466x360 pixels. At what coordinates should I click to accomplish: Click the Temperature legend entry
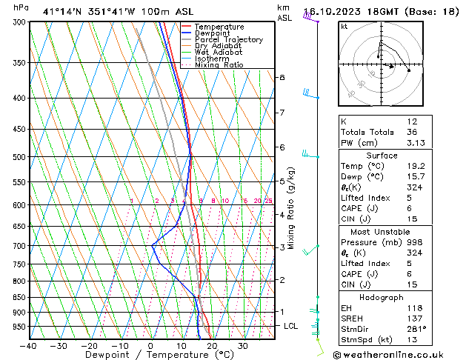coord(216,27)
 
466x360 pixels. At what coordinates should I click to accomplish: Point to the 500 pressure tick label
coord(19,157)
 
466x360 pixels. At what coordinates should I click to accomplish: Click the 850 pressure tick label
coord(19,298)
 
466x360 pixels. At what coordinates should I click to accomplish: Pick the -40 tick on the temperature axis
coord(29,346)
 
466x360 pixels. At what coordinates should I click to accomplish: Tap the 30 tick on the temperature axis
coord(243,346)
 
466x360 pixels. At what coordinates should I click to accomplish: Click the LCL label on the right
coord(291,326)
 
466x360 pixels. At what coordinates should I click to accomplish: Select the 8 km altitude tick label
coord(282,77)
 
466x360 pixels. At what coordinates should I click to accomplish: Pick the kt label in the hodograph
coord(344,26)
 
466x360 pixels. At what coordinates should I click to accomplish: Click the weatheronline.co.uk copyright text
coord(399,354)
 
